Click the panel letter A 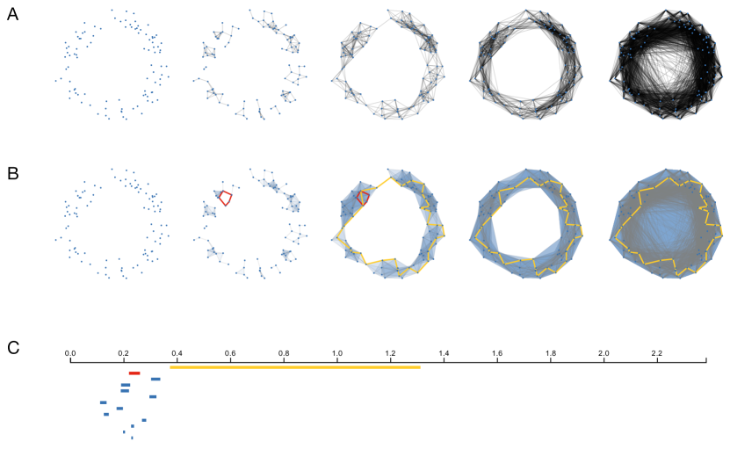[x=13, y=15]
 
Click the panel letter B [x=13, y=174]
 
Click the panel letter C [x=13, y=347]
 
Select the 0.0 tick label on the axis [x=70, y=353]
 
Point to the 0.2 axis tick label [x=123, y=353]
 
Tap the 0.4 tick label [x=177, y=353]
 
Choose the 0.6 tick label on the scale [x=230, y=353]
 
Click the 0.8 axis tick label [x=284, y=353]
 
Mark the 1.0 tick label [x=337, y=353]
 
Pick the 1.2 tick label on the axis [x=391, y=353]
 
